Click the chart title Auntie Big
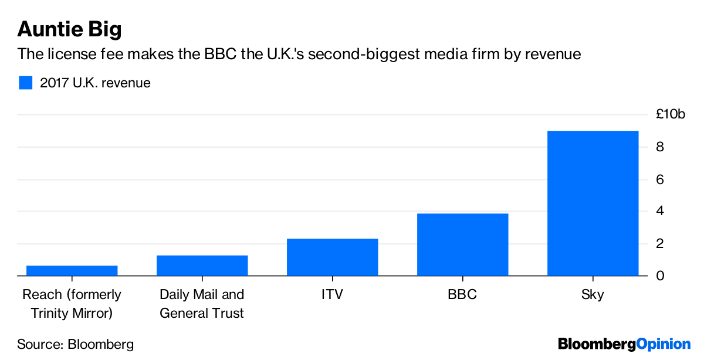(x=69, y=29)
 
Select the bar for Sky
(x=593, y=203)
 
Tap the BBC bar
(x=462, y=244)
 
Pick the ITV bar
(x=332, y=257)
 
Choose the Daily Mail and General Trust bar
(x=202, y=265)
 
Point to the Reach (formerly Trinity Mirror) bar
(x=72, y=270)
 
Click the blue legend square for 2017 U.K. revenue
(x=25, y=83)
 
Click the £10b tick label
(x=671, y=114)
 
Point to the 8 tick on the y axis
(x=660, y=147)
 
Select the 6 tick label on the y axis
(x=660, y=179)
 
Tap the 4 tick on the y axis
(x=660, y=211)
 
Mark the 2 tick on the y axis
(x=660, y=243)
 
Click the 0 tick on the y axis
(x=660, y=276)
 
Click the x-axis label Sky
(x=593, y=294)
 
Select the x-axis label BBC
(x=462, y=294)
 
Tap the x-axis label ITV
(x=332, y=294)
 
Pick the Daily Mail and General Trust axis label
(x=202, y=304)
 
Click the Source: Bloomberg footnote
(x=75, y=344)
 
